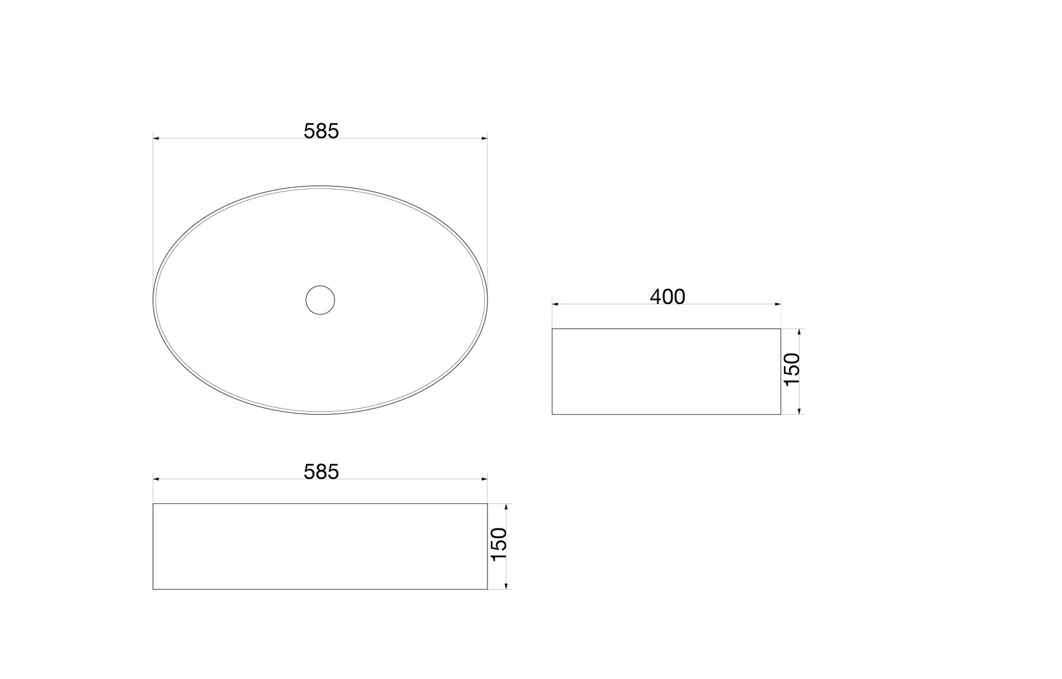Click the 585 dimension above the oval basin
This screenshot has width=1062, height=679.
pyautogui.click(x=321, y=132)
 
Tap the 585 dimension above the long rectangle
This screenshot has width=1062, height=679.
pyautogui.click(x=321, y=472)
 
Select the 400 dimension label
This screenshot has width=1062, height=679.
pyautogui.click(x=667, y=297)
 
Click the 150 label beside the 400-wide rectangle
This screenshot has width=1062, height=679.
pyautogui.click(x=792, y=370)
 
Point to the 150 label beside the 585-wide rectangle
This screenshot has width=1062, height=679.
pyautogui.click(x=499, y=544)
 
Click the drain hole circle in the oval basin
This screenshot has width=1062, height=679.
pyautogui.click(x=320, y=300)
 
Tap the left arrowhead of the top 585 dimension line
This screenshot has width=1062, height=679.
pyautogui.click(x=156, y=138)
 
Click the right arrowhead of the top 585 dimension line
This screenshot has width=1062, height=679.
pyautogui.click(x=484, y=138)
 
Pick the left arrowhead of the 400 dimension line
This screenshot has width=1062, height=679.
pyautogui.click(x=555, y=304)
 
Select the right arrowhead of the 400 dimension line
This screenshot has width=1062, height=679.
pyautogui.click(x=778, y=304)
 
